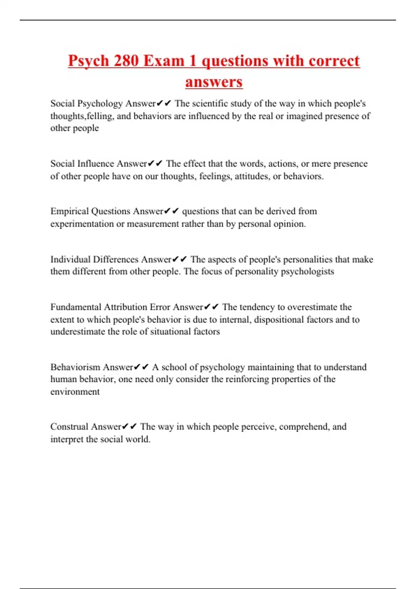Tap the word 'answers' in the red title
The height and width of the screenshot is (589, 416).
tap(214, 82)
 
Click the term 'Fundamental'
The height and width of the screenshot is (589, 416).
tap(76, 307)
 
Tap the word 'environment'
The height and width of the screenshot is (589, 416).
tap(75, 392)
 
